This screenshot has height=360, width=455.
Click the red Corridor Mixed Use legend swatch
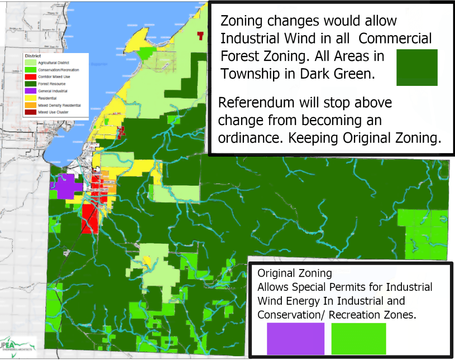(x=30, y=77)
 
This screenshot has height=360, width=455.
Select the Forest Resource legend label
(x=51, y=84)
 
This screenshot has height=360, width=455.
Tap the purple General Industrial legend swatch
(x=30, y=91)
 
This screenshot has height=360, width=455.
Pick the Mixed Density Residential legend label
(x=59, y=105)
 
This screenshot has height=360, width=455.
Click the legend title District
(x=32, y=56)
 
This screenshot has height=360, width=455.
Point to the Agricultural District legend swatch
(x=30, y=63)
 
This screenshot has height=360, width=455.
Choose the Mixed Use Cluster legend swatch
(x=30, y=112)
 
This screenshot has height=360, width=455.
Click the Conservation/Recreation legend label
(x=58, y=70)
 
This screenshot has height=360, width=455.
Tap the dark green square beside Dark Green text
(x=417, y=67)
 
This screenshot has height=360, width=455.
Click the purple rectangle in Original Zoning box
(x=295, y=339)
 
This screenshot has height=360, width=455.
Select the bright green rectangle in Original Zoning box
(x=359, y=339)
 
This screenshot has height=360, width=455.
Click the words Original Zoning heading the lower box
(x=294, y=273)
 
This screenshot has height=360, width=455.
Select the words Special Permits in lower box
(x=327, y=287)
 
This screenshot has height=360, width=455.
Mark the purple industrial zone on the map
(x=65, y=185)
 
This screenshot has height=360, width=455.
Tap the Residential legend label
(x=47, y=98)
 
